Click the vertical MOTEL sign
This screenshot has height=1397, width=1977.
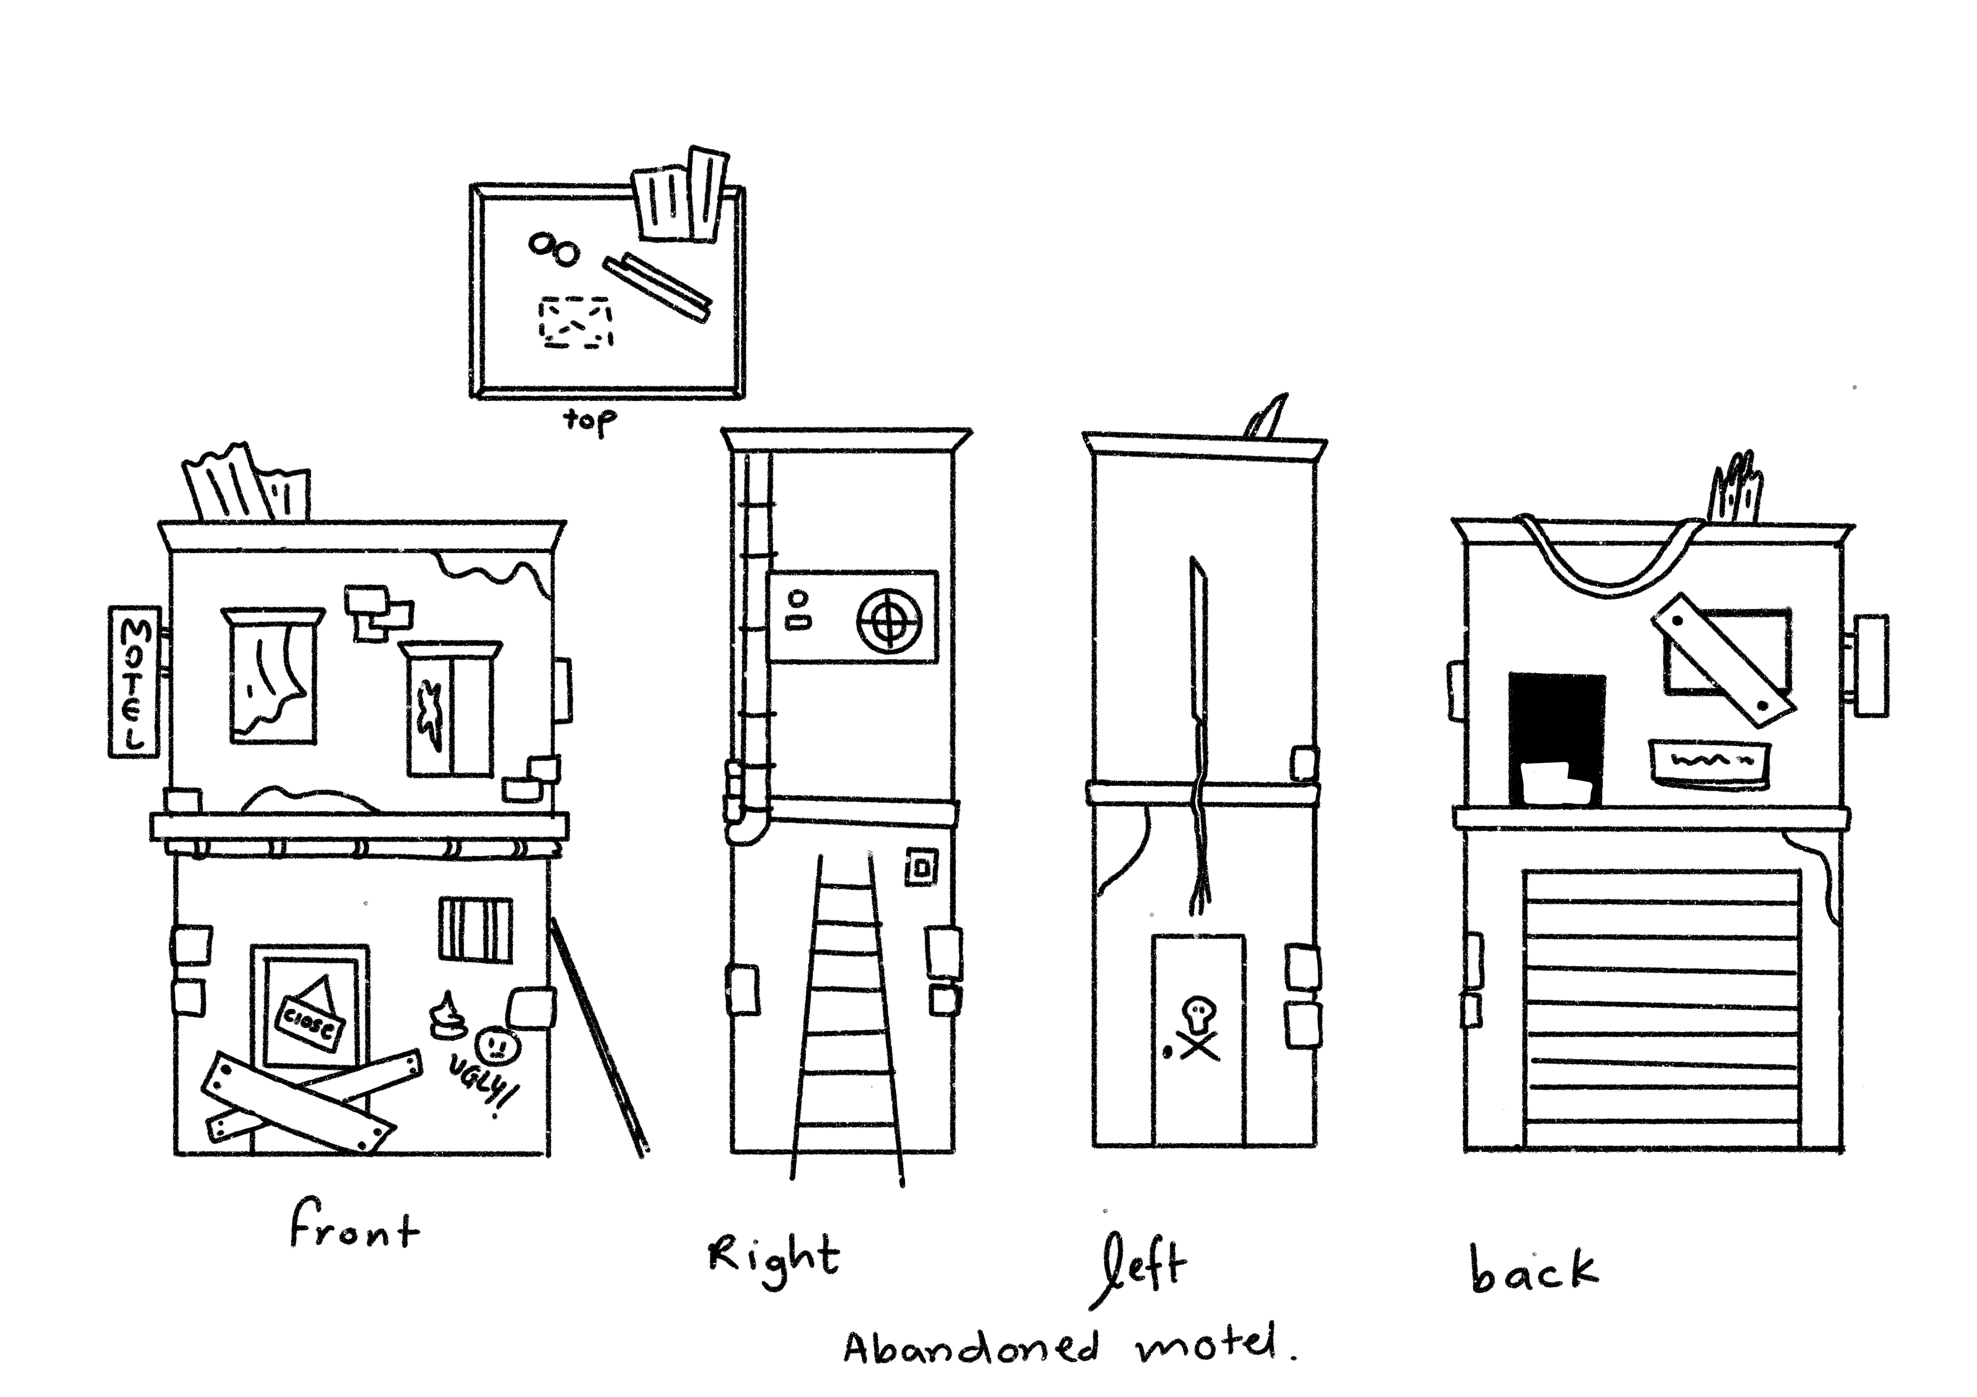click(134, 682)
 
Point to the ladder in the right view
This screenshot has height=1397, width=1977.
click(846, 1016)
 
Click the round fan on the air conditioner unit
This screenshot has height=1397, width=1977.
click(889, 620)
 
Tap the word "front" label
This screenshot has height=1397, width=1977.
click(354, 1229)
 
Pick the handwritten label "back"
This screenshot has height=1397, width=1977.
click(1533, 1271)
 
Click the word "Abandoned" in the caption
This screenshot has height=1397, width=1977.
click(971, 1348)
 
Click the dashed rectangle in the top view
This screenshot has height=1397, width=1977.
click(576, 323)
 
